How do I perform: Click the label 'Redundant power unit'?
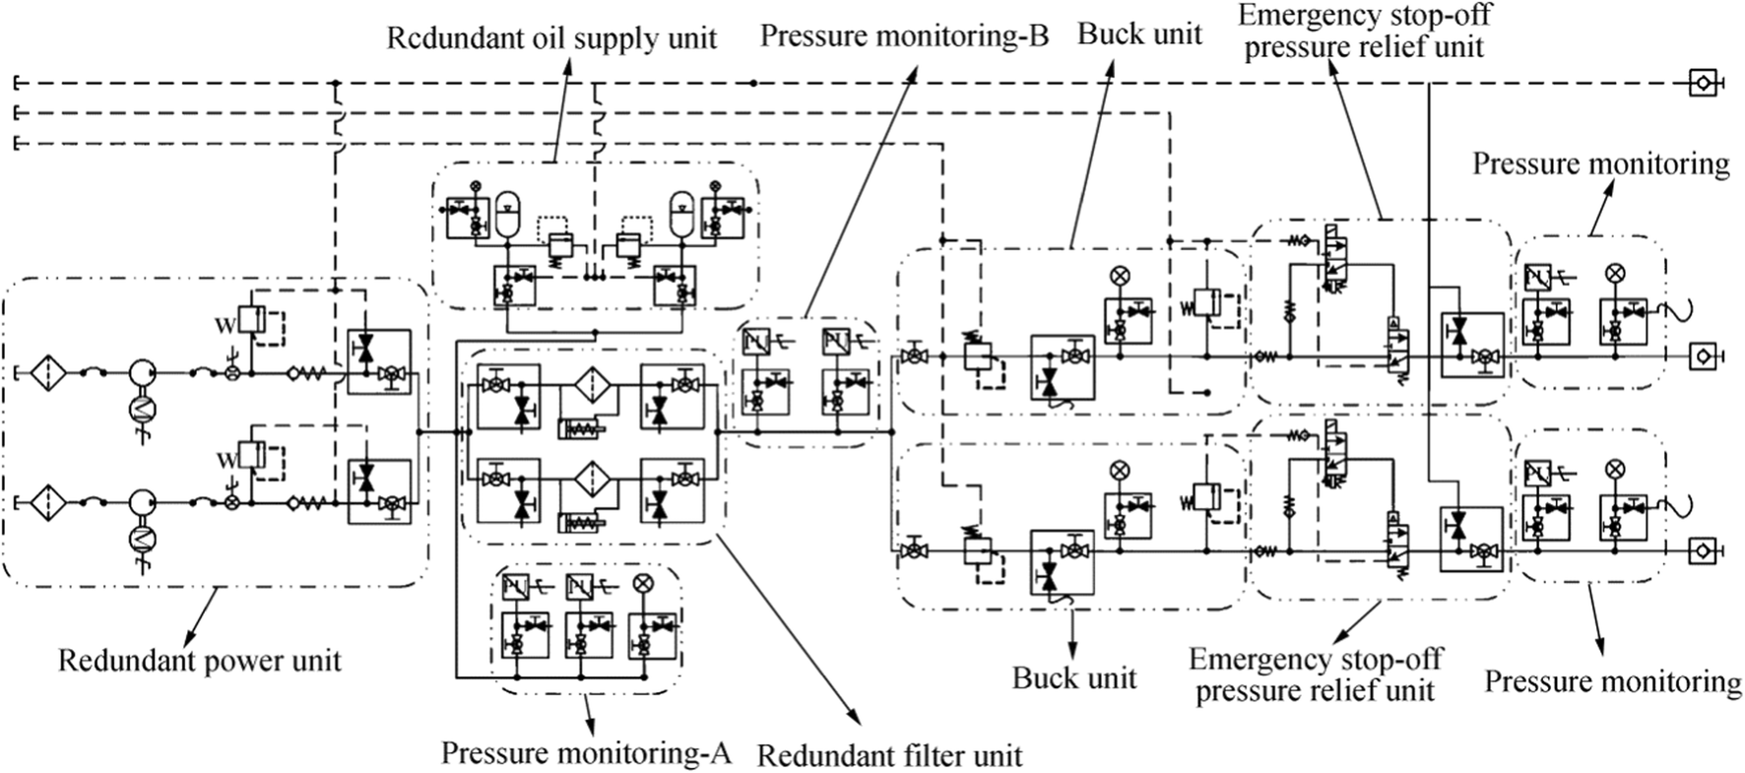[x=199, y=660]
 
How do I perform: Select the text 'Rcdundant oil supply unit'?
[x=551, y=38]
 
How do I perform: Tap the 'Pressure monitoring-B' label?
[x=904, y=36]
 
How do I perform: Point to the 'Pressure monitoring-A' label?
[x=586, y=753]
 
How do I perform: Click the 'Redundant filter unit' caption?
[x=889, y=756]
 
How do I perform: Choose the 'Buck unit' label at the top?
[x=1139, y=34]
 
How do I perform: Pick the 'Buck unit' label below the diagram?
[x=1074, y=677]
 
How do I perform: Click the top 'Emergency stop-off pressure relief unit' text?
[x=1364, y=31]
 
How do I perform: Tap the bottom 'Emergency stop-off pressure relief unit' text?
[x=1316, y=675]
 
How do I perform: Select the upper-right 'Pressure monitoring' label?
[x=1600, y=163]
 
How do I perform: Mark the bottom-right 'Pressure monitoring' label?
[x=1612, y=681]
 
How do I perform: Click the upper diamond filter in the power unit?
[x=45, y=372]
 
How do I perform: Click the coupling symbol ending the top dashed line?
[x=1703, y=84]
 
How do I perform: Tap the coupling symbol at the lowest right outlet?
[x=1703, y=550]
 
